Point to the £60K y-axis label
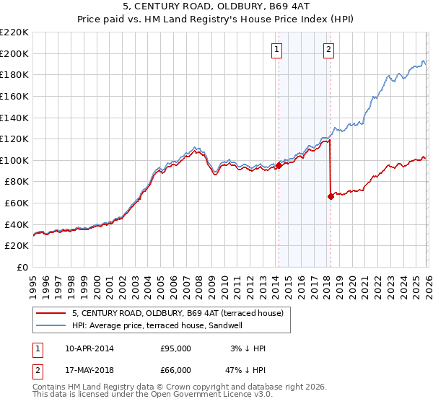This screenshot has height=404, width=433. [x=16, y=203]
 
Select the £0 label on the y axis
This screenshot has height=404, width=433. [x=22, y=268]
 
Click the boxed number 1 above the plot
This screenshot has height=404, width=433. [x=278, y=50]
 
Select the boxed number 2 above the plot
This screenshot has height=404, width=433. [x=329, y=50]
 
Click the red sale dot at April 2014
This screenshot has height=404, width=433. [x=279, y=165]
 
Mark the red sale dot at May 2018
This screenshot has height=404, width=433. [x=331, y=196]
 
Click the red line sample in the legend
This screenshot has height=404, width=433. [x=51, y=313]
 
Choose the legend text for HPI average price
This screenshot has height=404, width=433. [x=157, y=325]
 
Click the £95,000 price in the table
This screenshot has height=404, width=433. [x=175, y=348]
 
